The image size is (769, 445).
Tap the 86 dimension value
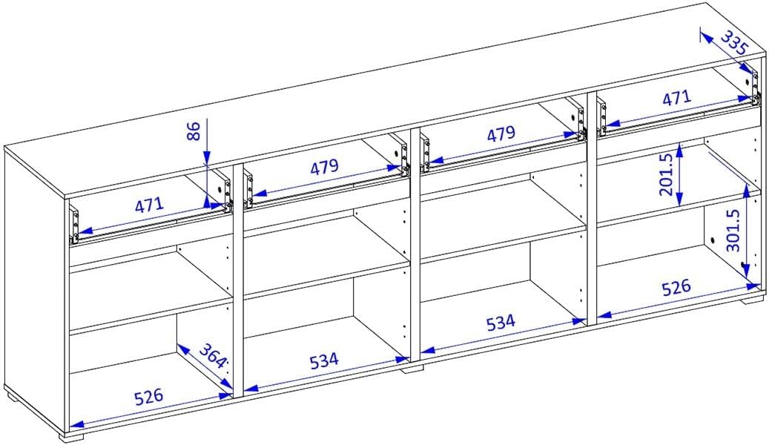pyautogui.click(x=194, y=131)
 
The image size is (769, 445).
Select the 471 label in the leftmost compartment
pyautogui.click(x=149, y=204)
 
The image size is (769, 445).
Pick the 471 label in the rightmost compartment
pyautogui.click(x=676, y=99)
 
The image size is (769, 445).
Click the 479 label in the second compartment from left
pyautogui.click(x=324, y=167)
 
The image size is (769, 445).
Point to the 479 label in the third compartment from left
pyautogui.click(x=501, y=133)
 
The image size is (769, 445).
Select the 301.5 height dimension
pyautogui.click(x=733, y=231)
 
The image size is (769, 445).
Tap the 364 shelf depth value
pyautogui.click(x=213, y=356)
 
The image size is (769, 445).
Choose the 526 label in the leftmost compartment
pyautogui.click(x=148, y=396)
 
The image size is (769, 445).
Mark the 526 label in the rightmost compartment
pyautogui.click(x=676, y=288)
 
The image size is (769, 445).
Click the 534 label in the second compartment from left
pyautogui.click(x=324, y=360)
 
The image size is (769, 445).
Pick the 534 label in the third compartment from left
pyautogui.click(x=501, y=323)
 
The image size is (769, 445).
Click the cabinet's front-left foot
pyautogui.click(x=72, y=435)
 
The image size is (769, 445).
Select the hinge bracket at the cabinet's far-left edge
pyautogui.click(x=75, y=225)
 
